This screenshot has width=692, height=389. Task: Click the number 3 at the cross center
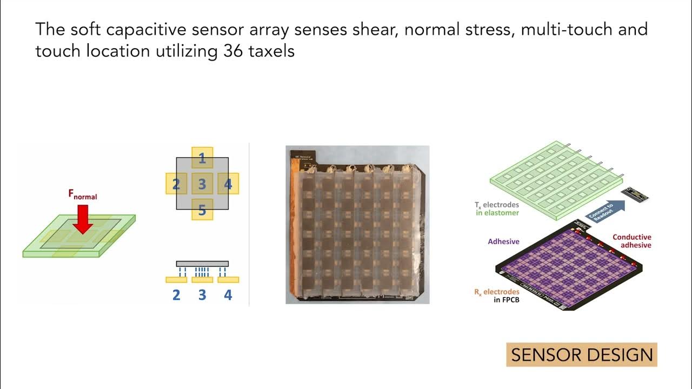pyautogui.click(x=202, y=185)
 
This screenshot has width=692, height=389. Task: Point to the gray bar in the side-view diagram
pyautogui.click(x=202, y=264)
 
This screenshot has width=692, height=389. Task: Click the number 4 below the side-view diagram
pyautogui.click(x=228, y=295)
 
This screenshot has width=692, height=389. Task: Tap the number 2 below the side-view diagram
pyautogui.click(x=176, y=295)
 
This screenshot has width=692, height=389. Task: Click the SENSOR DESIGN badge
pyautogui.click(x=582, y=355)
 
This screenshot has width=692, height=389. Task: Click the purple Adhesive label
pyautogui.click(x=503, y=242)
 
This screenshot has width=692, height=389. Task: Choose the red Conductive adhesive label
pyautogui.click(x=631, y=241)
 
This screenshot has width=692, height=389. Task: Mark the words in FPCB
pyautogui.click(x=507, y=300)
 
